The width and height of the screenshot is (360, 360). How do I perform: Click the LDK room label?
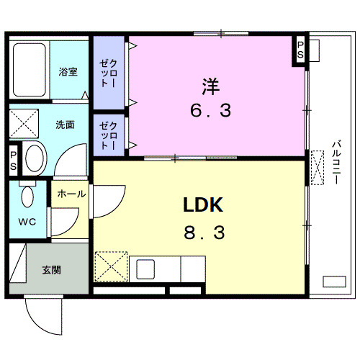click(x=204, y=205)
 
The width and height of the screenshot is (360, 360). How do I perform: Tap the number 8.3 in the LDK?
click(x=204, y=233)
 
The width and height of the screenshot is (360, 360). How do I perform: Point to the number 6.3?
click(x=210, y=112)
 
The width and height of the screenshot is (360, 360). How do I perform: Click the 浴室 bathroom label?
click(x=69, y=71)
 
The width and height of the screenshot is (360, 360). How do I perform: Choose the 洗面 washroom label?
click(x=65, y=124)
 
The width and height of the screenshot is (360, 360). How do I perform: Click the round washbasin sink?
click(x=33, y=156)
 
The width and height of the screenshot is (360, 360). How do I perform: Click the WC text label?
click(x=28, y=220)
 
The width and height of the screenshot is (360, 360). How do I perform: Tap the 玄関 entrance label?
click(x=50, y=270)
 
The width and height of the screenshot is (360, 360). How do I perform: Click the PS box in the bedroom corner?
click(x=300, y=50)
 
